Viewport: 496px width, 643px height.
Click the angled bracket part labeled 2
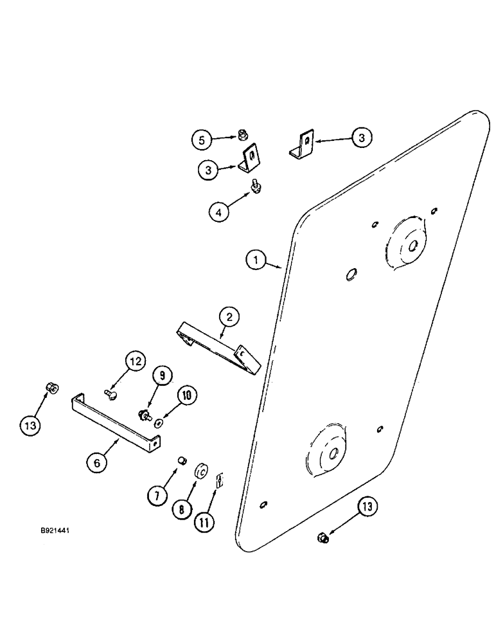[x=218, y=347]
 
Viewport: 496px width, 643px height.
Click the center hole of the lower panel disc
[x=334, y=453]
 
